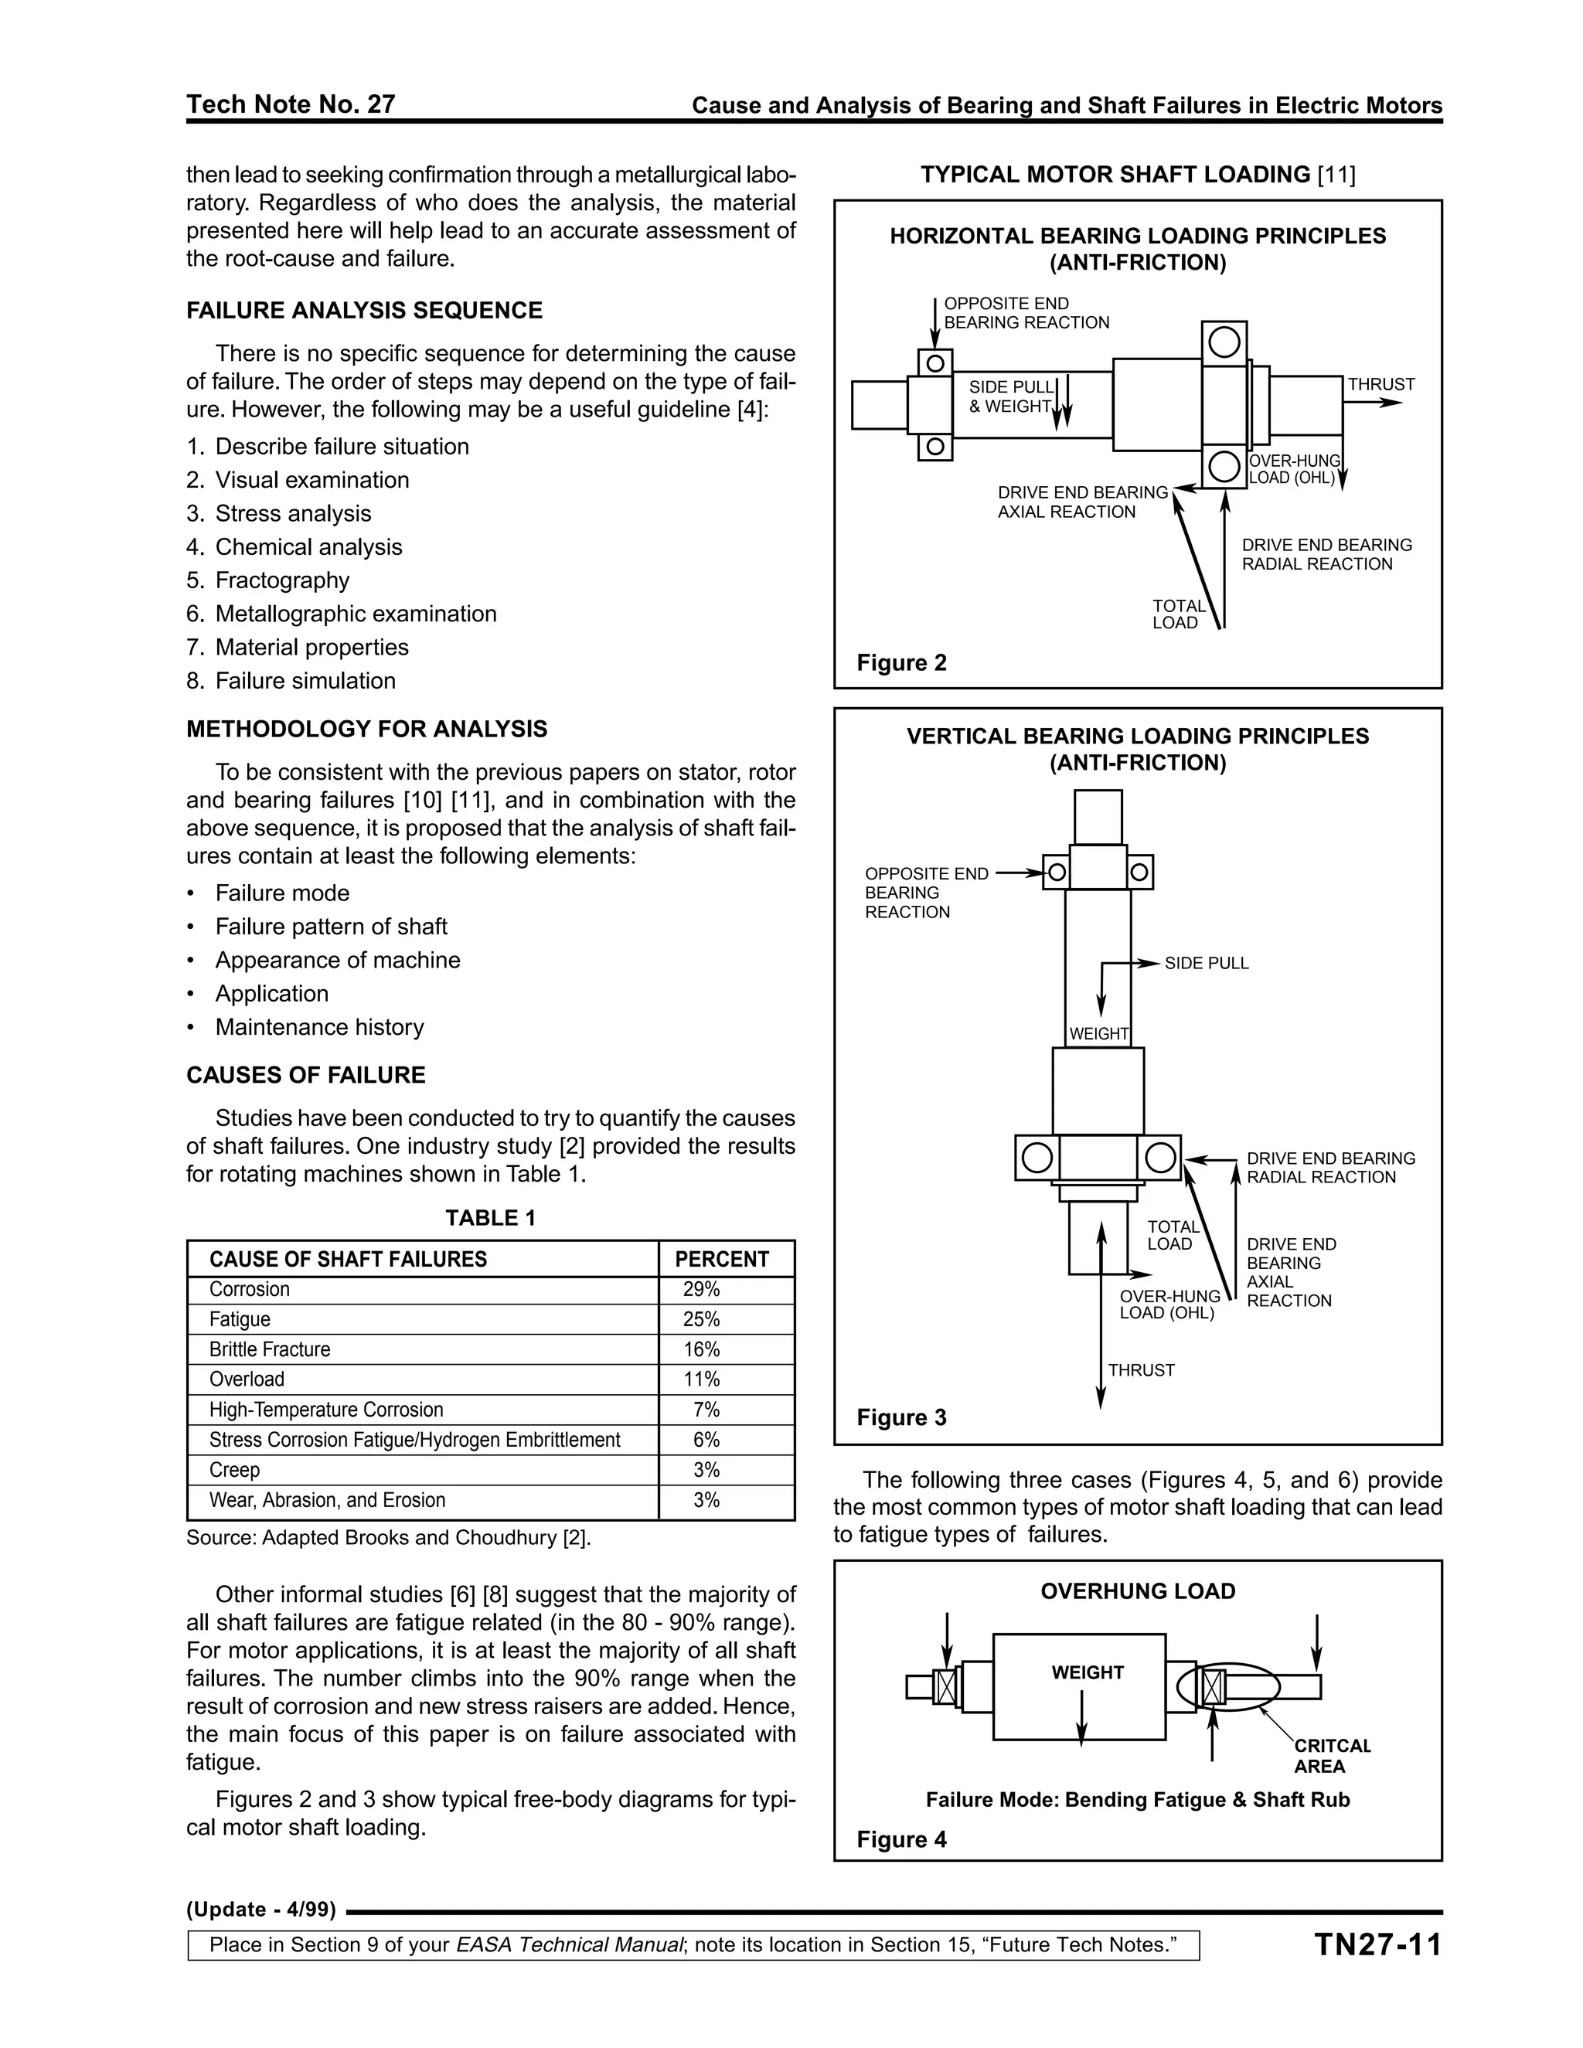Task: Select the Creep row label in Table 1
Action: coord(234,1469)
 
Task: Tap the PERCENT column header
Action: coord(721,1260)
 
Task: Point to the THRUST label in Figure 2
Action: coord(1380,384)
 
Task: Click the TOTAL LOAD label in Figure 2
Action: coord(1178,614)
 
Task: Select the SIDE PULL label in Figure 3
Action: coord(1206,963)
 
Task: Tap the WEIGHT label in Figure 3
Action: coord(1098,1033)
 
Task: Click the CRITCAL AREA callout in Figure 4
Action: coord(1332,1755)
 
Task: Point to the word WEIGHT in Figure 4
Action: coord(1087,1672)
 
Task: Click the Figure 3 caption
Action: coord(901,1417)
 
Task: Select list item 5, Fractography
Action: coord(281,580)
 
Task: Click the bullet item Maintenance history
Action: coord(319,1027)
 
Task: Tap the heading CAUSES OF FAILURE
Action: coord(306,1075)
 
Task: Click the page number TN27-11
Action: coord(1377,1945)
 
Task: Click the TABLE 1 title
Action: coord(491,1217)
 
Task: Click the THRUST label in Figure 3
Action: coord(1140,1370)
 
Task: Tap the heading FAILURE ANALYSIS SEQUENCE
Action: coord(364,311)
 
